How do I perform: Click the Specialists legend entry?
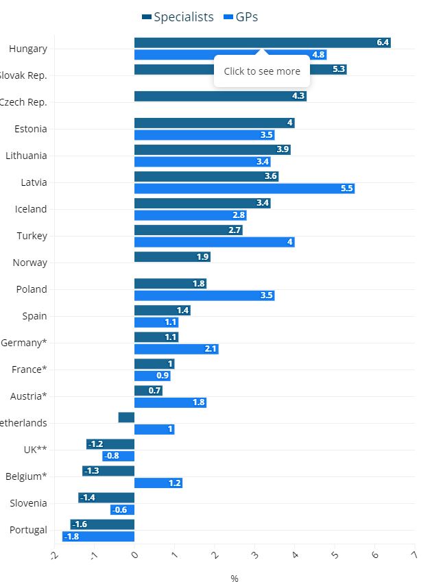178,17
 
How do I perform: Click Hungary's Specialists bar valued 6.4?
262,43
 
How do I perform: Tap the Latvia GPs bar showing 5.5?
244,189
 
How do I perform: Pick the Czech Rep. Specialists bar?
220,96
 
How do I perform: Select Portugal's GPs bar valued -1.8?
98,537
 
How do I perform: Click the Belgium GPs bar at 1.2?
158,483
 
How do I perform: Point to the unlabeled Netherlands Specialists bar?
126,417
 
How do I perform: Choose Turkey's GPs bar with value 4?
214,242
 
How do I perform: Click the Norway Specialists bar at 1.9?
172,257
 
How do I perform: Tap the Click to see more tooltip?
262,71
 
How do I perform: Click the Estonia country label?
31,129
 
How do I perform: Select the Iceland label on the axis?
31,209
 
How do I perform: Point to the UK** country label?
34,450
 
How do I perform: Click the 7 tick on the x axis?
414,556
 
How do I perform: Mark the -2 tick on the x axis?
54,556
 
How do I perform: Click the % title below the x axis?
235,579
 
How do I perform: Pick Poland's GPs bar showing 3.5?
204,295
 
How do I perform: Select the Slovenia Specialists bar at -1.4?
106,498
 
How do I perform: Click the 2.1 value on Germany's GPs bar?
211,349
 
